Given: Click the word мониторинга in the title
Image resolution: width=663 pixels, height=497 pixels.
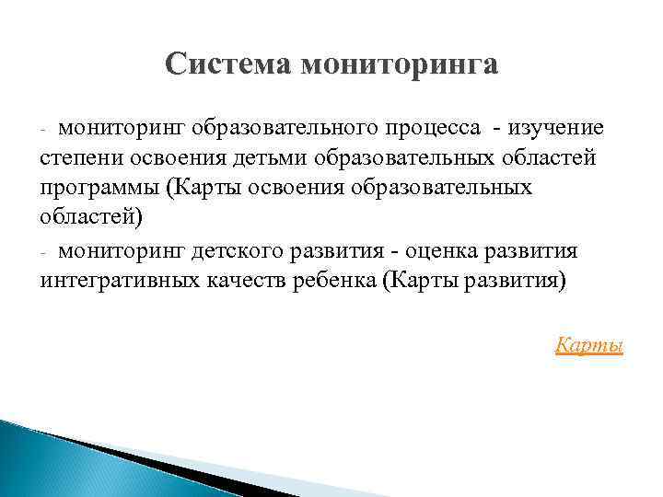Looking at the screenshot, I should coord(398,64).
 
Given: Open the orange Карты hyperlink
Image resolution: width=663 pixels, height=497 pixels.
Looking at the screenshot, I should coord(589,346).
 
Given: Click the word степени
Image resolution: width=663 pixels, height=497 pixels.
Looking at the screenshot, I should coord(82,157).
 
